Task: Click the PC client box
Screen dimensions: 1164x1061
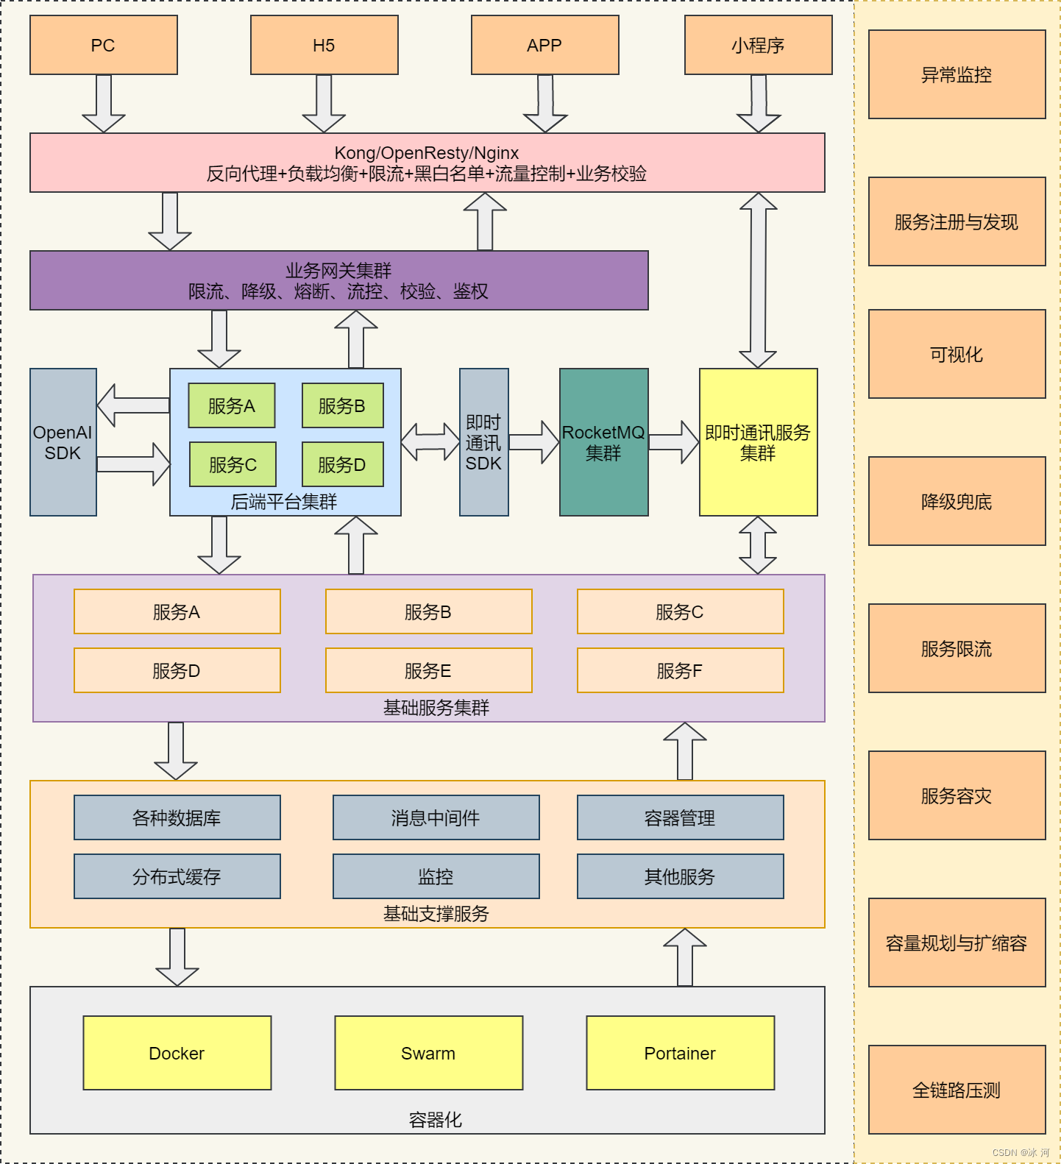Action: (103, 45)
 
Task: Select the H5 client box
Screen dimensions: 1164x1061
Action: (324, 45)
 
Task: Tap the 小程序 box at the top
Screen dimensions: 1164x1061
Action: (758, 45)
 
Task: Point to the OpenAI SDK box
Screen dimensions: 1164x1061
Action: (63, 442)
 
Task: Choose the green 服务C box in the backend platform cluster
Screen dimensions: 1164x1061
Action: (233, 464)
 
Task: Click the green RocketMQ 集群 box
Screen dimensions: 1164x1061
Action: (603, 442)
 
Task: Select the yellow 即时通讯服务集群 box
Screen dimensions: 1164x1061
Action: (758, 442)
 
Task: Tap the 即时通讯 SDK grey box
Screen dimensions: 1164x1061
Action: (483, 442)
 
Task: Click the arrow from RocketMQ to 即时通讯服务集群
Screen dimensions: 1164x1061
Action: (673, 442)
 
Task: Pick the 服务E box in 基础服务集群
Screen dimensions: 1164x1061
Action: (428, 670)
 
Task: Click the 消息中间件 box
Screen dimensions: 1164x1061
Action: (436, 817)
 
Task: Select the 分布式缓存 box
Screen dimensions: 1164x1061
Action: (177, 876)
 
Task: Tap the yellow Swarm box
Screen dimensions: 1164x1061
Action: (428, 1053)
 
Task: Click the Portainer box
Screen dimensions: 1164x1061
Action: (680, 1053)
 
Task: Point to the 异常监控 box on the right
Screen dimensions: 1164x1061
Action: (957, 74)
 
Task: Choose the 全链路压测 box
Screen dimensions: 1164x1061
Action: (957, 1090)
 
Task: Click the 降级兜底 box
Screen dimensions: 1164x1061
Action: (957, 501)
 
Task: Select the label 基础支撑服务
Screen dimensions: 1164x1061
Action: (436, 914)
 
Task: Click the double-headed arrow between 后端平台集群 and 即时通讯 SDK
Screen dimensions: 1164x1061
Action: (430, 441)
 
